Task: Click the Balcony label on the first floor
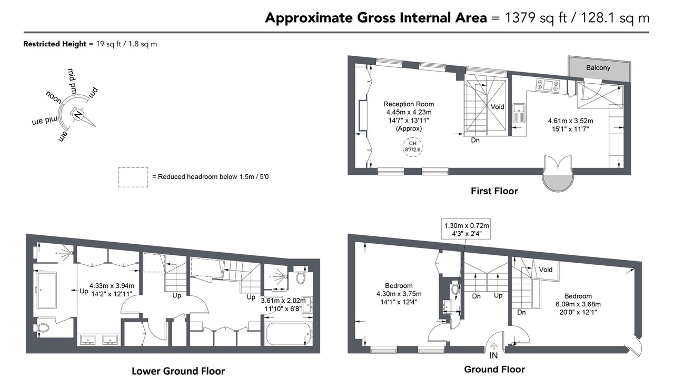(x=598, y=68)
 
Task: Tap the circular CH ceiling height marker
(x=412, y=146)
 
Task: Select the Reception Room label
(x=409, y=104)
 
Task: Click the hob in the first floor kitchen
(x=548, y=85)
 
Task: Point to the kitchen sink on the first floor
(x=519, y=113)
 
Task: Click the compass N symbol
(x=78, y=115)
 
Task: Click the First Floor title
(x=494, y=191)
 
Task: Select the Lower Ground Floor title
(x=178, y=371)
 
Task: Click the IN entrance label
(x=493, y=355)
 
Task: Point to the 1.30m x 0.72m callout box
(x=466, y=229)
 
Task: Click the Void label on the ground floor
(x=546, y=270)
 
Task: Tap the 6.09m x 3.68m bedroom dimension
(x=578, y=304)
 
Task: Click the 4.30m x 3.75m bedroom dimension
(x=399, y=294)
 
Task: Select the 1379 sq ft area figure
(x=536, y=18)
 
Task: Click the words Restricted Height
(x=55, y=44)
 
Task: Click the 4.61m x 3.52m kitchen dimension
(x=570, y=121)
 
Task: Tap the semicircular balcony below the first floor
(x=558, y=183)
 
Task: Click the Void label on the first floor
(x=498, y=107)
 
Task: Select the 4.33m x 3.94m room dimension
(x=112, y=285)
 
